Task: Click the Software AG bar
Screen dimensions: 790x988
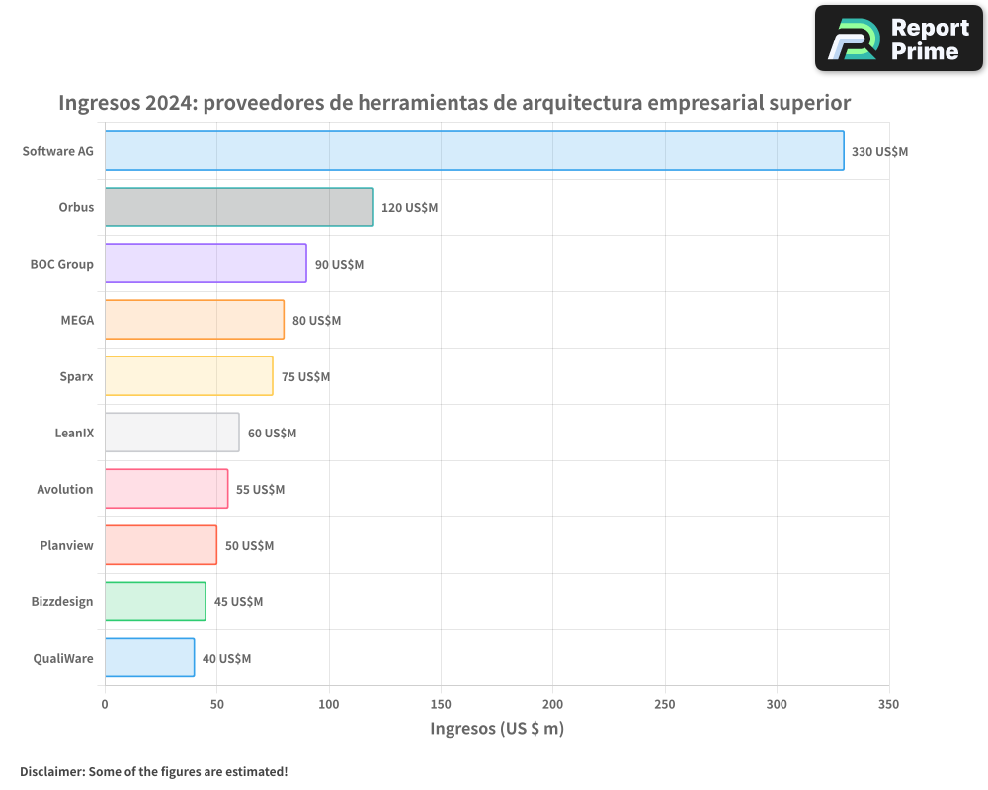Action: [474, 151]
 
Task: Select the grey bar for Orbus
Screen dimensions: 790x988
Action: [239, 207]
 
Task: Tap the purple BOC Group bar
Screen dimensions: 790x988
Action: [206, 264]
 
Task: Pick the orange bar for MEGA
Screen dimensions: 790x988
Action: [195, 320]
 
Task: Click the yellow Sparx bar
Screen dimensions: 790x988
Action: [189, 376]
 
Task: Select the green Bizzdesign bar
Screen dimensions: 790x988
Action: [155, 601]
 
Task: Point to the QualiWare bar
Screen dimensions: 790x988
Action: [149, 658]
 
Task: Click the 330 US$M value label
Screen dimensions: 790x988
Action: [879, 152]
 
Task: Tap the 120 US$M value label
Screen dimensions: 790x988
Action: [409, 208]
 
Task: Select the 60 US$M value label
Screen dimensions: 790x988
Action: [272, 434]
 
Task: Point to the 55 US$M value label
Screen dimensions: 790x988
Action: [260, 490]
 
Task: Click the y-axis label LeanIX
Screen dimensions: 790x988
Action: [74, 433]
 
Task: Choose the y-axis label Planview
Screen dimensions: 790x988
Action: [66, 545]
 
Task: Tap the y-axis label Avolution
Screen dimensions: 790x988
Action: [65, 489]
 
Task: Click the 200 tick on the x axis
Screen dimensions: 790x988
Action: [553, 704]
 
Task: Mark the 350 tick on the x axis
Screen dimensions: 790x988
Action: [888, 704]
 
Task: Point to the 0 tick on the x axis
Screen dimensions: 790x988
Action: [105, 704]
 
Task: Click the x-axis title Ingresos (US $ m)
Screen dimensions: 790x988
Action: [497, 729]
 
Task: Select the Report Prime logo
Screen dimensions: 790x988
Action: [898, 39]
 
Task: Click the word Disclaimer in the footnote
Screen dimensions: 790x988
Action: [50, 771]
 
